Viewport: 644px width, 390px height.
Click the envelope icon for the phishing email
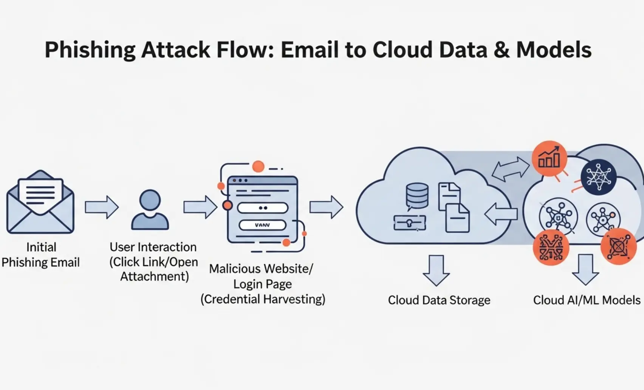(x=40, y=202)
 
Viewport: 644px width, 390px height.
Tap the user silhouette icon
(x=150, y=210)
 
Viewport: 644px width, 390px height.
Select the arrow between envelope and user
(x=101, y=207)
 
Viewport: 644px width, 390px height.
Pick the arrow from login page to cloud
(x=326, y=207)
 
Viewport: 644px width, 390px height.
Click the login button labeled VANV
(x=262, y=225)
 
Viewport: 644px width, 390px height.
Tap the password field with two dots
(x=263, y=208)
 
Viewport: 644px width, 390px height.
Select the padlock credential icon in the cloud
(x=409, y=223)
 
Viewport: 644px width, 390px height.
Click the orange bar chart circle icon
(x=549, y=159)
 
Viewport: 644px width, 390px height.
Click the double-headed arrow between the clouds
(x=510, y=169)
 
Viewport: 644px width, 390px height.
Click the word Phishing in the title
(x=90, y=50)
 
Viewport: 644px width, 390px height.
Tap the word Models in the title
(x=554, y=50)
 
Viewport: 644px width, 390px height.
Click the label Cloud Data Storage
(x=439, y=300)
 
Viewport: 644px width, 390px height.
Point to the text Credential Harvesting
(x=263, y=299)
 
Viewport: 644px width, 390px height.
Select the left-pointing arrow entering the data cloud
(x=501, y=214)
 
